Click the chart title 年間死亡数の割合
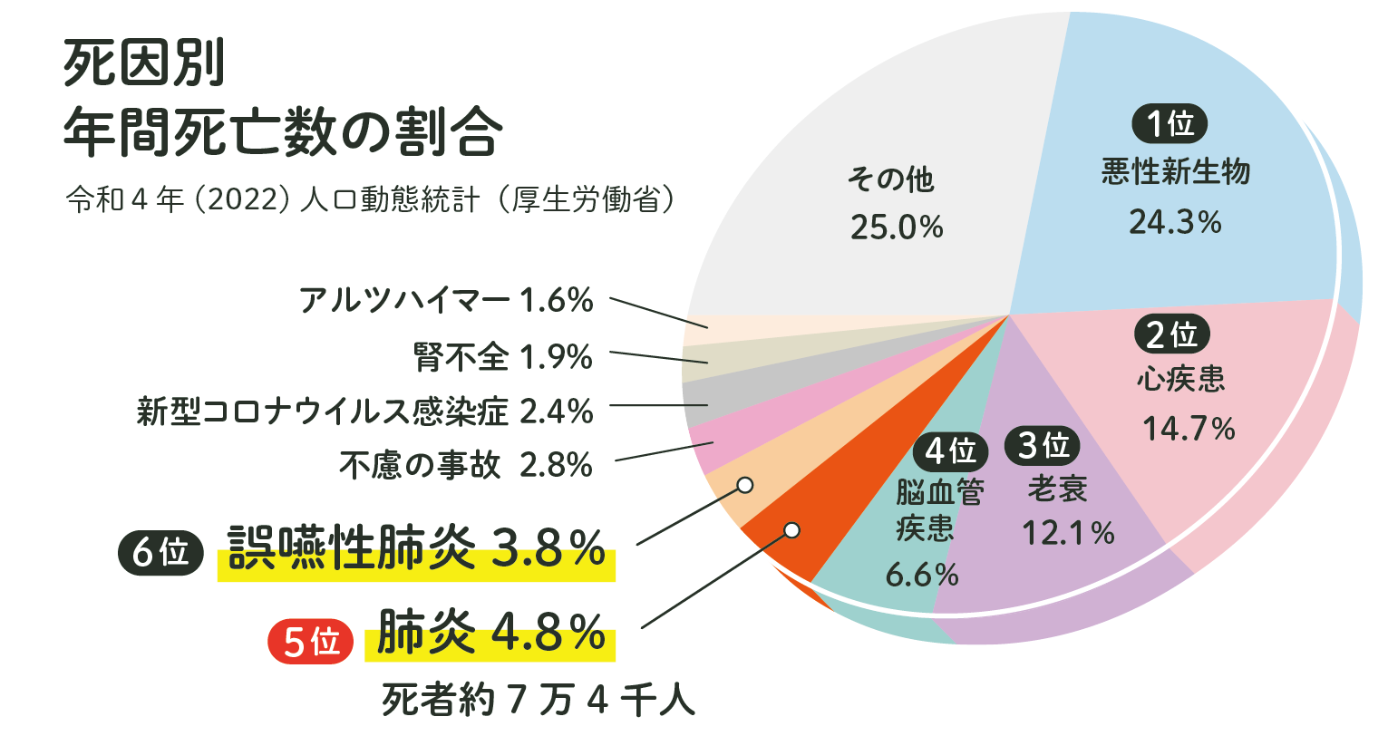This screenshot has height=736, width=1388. (x=282, y=132)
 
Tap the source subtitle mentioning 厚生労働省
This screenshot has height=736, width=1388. (x=370, y=199)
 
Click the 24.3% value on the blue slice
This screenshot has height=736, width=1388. (x=1175, y=222)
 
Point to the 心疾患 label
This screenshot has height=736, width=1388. (x=1180, y=379)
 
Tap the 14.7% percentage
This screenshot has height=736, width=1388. (x=1189, y=428)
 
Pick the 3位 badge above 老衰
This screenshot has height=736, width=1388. (x=1043, y=446)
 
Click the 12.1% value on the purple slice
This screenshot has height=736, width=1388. (x=1068, y=533)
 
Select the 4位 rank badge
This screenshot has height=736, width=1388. (x=950, y=450)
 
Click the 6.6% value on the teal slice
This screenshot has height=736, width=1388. (x=922, y=575)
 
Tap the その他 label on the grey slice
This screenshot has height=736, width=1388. (x=890, y=179)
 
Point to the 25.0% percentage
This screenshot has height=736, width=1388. (x=897, y=228)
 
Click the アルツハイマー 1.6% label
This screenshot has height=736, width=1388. (x=446, y=300)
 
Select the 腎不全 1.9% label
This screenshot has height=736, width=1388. (x=503, y=357)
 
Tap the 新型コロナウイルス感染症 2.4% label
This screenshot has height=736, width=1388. (x=365, y=412)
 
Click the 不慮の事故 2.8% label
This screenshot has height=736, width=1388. (x=466, y=465)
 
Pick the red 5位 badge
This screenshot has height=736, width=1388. (x=311, y=642)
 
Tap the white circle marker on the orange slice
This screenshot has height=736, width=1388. (x=791, y=529)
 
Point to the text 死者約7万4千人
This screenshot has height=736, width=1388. (x=539, y=701)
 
